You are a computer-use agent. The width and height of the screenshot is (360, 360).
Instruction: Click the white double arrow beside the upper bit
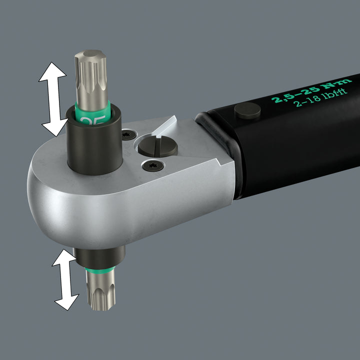[x=53, y=99]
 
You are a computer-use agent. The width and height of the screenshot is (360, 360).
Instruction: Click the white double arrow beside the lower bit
[x=66, y=279]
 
